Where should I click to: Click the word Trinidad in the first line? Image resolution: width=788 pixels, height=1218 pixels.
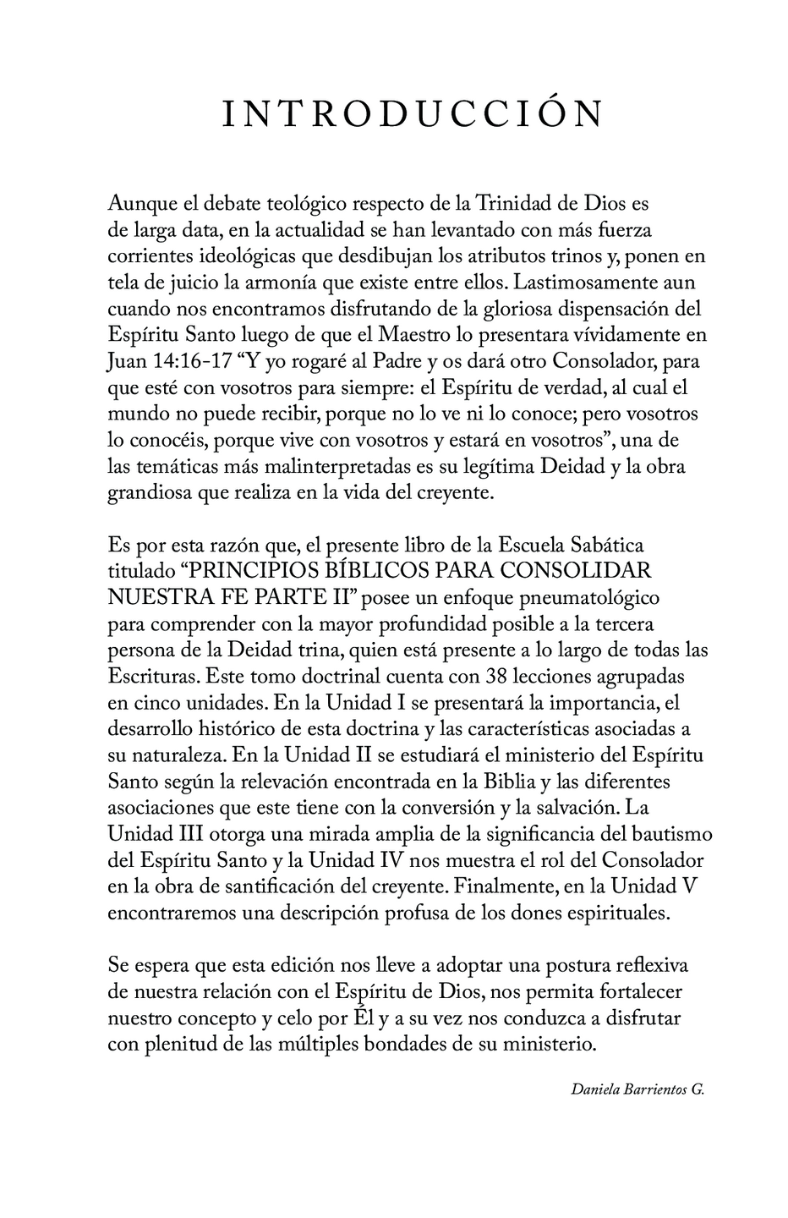tap(510, 204)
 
